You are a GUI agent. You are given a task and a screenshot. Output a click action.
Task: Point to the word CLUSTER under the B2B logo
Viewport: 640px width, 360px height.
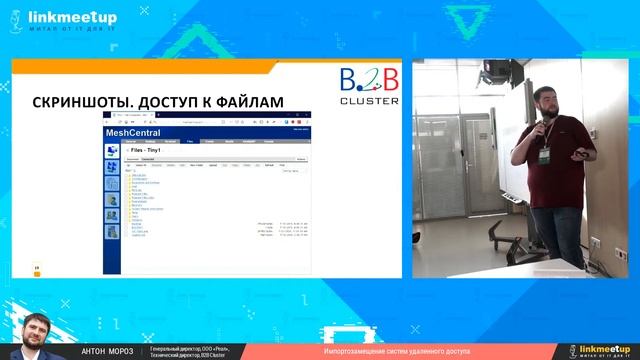coord(369,100)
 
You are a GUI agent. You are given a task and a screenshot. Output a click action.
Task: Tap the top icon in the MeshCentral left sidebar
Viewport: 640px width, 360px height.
coord(111,149)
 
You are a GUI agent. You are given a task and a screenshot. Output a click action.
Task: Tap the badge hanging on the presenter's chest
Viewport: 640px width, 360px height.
coord(545,155)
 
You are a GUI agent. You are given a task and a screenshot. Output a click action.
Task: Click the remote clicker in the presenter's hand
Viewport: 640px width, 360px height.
coord(579,155)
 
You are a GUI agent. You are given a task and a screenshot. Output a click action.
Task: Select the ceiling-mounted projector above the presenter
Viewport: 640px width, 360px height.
coord(496,73)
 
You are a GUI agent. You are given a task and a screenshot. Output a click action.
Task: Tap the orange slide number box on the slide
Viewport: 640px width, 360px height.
coord(37,269)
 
